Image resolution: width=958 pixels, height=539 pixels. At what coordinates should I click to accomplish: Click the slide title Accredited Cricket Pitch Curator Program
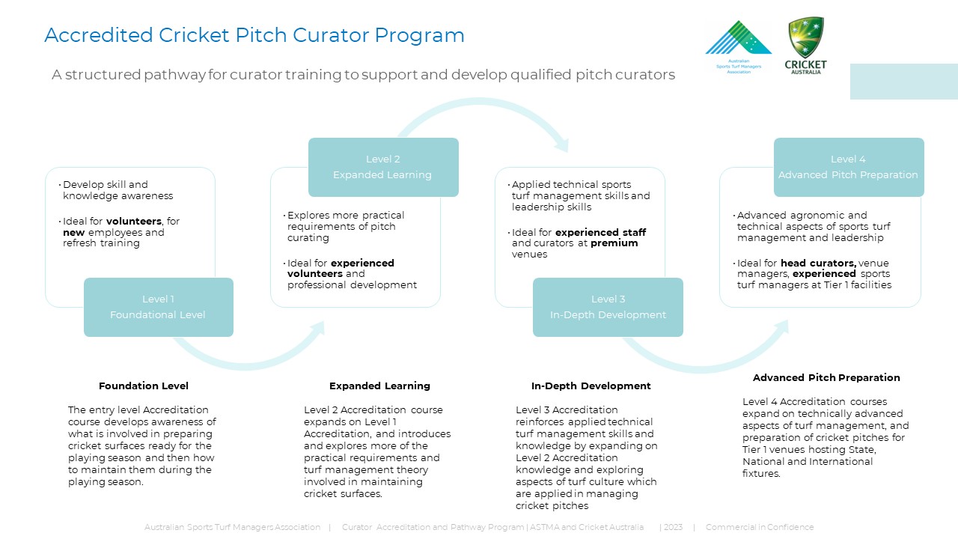[254, 35]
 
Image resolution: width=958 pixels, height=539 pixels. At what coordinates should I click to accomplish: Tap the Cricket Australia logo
[806, 45]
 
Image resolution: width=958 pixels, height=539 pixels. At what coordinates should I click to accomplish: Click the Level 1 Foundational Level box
[158, 307]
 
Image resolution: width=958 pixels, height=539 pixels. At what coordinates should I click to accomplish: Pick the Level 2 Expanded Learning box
[382, 167]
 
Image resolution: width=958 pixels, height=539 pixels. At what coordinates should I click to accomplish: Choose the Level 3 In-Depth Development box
[608, 307]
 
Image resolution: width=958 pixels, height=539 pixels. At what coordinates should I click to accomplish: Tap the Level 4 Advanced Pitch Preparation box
[848, 167]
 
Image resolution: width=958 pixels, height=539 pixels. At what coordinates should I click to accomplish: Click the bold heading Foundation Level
[144, 386]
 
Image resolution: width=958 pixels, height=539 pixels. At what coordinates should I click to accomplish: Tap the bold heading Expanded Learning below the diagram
[379, 386]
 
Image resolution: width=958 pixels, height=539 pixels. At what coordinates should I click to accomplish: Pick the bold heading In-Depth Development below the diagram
[591, 386]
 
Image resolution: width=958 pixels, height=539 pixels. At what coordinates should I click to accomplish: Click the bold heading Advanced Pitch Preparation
[826, 378]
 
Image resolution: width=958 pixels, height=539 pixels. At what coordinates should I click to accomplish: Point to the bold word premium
[614, 243]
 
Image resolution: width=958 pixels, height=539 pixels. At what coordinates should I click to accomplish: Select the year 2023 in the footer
[672, 528]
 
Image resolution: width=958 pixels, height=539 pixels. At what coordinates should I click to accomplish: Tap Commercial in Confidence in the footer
[759, 528]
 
